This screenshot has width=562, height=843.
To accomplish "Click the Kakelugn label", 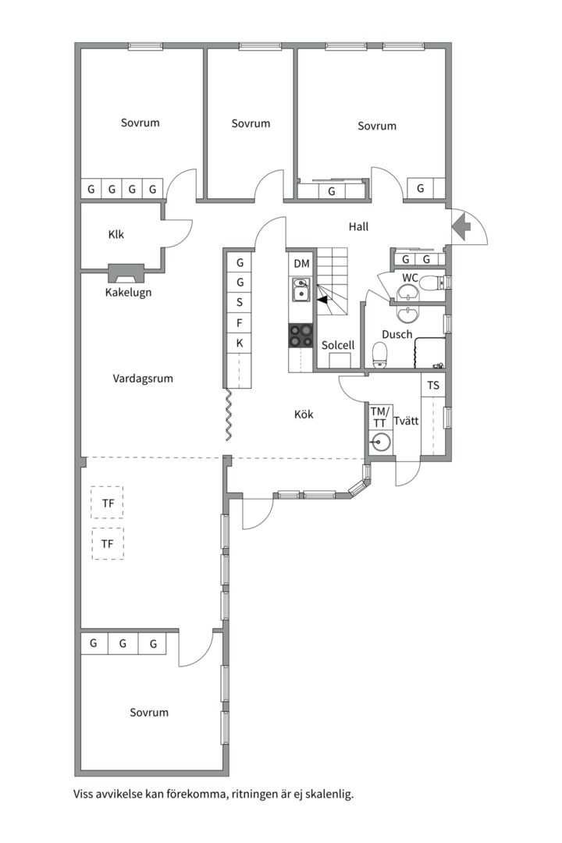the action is click(x=128, y=293).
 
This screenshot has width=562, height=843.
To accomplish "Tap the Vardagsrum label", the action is click(x=143, y=379).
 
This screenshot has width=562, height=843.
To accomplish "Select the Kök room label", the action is click(x=304, y=414).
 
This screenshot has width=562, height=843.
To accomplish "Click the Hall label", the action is click(x=358, y=227).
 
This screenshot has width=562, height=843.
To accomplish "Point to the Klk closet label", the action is click(x=116, y=234).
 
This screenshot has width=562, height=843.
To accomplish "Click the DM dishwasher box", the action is click(x=302, y=264).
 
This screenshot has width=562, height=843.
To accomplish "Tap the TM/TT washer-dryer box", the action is click(x=379, y=417).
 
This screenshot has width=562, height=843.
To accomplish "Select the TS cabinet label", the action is click(x=433, y=386).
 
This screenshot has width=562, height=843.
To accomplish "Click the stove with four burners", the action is click(x=301, y=336).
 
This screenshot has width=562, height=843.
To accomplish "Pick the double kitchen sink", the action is click(x=301, y=290).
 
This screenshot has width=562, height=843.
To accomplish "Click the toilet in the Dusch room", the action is click(x=380, y=355).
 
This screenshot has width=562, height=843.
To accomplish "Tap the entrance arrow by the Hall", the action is click(x=461, y=226).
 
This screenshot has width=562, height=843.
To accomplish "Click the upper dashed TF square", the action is click(x=107, y=503).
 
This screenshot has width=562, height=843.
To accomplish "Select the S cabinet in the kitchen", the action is click(x=240, y=302).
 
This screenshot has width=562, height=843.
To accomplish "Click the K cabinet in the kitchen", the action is click(x=240, y=343).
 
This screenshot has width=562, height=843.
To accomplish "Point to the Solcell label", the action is click(x=338, y=345).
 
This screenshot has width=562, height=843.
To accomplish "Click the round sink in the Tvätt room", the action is click(x=380, y=442).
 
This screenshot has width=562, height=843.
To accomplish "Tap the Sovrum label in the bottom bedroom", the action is click(x=149, y=713).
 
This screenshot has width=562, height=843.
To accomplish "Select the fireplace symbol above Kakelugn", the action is click(x=127, y=273).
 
